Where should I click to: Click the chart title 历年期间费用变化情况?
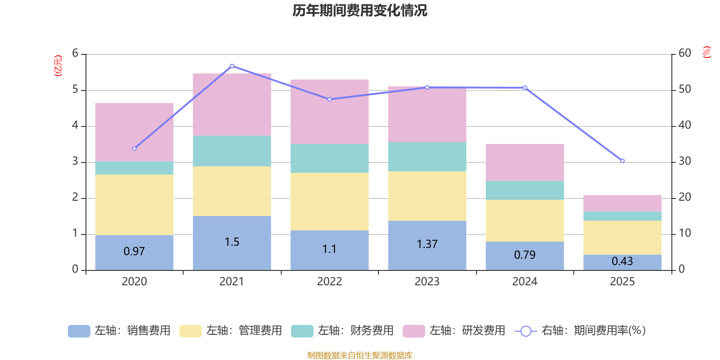pyautogui.click(x=360, y=11)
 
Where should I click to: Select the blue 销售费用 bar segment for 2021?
pyautogui.click(x=232, y=243)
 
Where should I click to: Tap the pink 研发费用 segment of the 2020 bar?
pyautogui.click(x=135, y=132)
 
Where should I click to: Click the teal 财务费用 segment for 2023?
pyautogui.click(x=427, y=157)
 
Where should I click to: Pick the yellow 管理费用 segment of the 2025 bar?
pyautogui.click(x=622, y=238)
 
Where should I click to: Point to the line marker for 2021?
pyautogui.click(x=232, y=66)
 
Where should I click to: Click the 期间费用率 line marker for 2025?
pyautogui.click(x=622, y=161)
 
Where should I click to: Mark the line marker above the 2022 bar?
pyautogui.click(x=329, y=99)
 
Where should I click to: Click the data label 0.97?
pyautogui.click(x=134, y=252)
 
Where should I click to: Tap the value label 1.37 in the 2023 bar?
pyautogui.click(x=427, y=244)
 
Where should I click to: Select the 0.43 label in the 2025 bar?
pyautogui.click(x=622, y=261)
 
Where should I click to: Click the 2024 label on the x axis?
pyautogui.click(x=525, y=282)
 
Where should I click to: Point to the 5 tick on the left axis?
pyautogui.click(x=75, y=90)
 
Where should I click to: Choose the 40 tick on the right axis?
pyautogui.click(x=684, y=125)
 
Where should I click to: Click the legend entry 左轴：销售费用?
pyautogui.click(x=119, y=331)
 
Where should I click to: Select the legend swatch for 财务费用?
pyautogui.click(x=302, y=331)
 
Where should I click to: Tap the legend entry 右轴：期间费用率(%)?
pyautogui.click(x=580, y=331)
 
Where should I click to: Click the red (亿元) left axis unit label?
pyautogui.click(x=58, y=66)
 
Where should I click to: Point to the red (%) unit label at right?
pyautogui.click(x=706, y=52)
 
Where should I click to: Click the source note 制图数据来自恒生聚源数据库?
pyautogui.click(x=360, y=355)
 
